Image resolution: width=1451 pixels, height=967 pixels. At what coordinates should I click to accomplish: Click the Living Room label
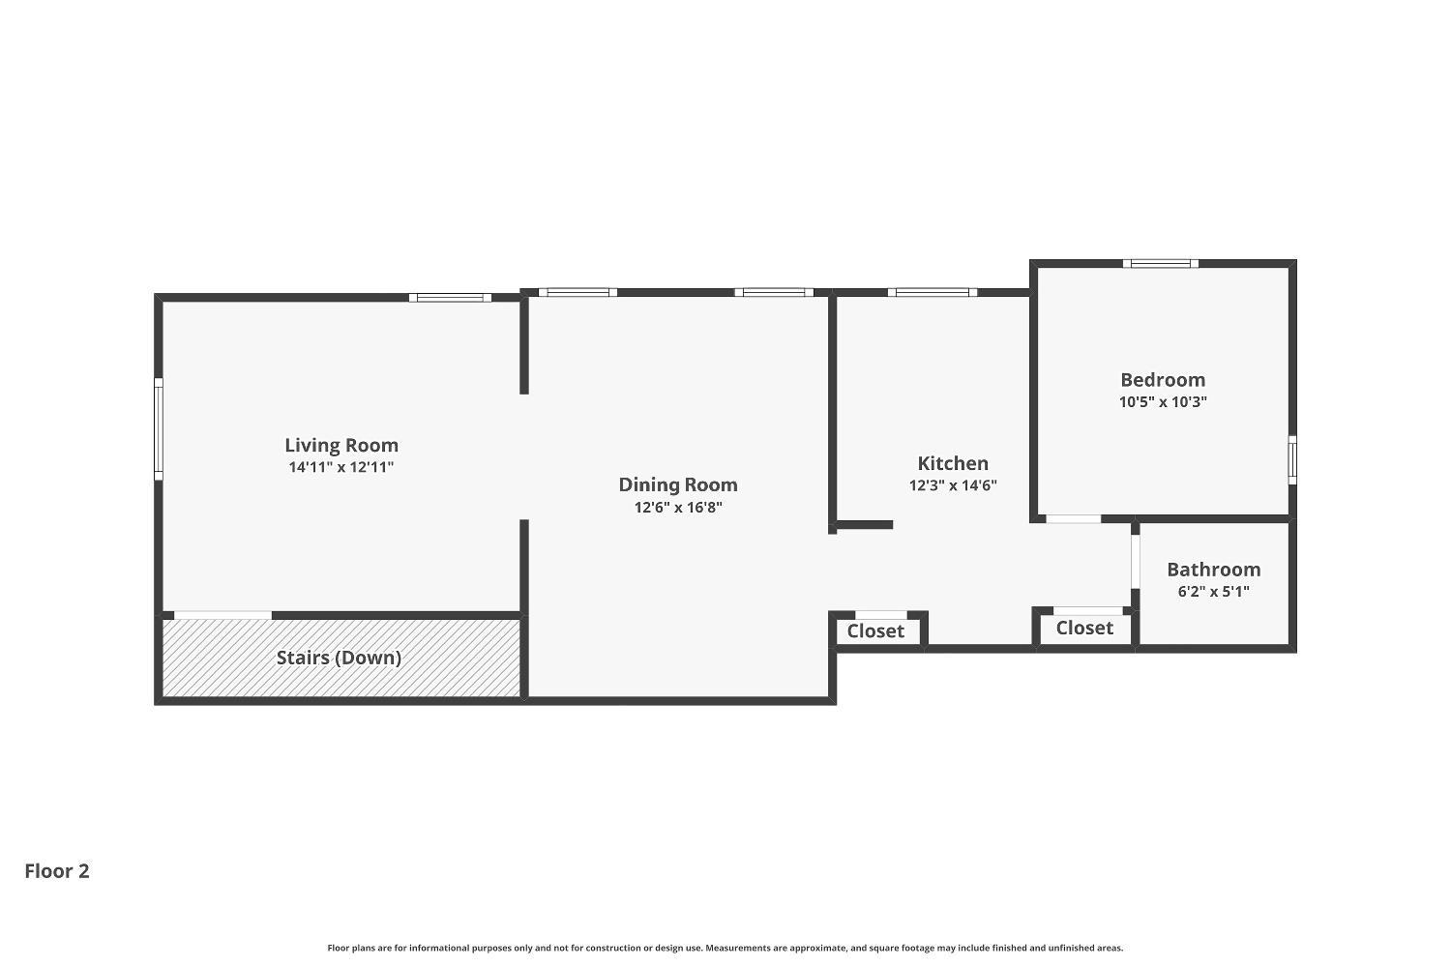tap(341, 445)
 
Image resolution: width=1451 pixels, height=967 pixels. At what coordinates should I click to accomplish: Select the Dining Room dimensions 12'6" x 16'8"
tap(677, 508)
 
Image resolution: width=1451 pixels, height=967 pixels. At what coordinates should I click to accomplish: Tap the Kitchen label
tap(953, 463)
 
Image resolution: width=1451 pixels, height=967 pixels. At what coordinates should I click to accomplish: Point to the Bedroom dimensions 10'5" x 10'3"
tap(1163, 402)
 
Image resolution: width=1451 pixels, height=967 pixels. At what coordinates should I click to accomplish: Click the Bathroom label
tap(1213, 570)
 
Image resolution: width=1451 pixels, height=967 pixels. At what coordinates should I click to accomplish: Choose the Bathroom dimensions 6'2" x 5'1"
tap(1213, 592)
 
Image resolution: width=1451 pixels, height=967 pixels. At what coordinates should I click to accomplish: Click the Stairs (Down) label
tap(339, 658)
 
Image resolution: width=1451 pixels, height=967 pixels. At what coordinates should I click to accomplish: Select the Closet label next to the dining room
tap(875, 631)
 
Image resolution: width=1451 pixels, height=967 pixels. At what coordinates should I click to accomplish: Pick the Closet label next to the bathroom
tap(1084, 629)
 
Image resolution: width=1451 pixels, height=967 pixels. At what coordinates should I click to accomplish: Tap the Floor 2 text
tap(57, 871)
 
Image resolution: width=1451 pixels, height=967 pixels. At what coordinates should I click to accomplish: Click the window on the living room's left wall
tap(159, 428)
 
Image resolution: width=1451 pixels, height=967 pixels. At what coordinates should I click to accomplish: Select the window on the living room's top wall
tap(450, 297)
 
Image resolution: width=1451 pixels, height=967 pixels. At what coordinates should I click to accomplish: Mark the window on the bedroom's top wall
tap(1161, 263)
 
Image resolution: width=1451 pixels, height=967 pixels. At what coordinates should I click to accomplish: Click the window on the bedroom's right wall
tap(1292, 460)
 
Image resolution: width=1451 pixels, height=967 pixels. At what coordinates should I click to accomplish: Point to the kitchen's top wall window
tap(933, 292)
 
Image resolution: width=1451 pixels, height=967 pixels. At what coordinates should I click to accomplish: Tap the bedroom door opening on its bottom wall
tap(1074, 519)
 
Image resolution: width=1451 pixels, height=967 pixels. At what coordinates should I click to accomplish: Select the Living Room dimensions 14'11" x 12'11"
tap(341, 468)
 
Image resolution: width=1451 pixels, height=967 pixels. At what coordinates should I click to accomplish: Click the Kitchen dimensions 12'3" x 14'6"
tap(953, 485)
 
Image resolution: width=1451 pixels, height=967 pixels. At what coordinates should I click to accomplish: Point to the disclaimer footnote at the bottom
tap(725, 949)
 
